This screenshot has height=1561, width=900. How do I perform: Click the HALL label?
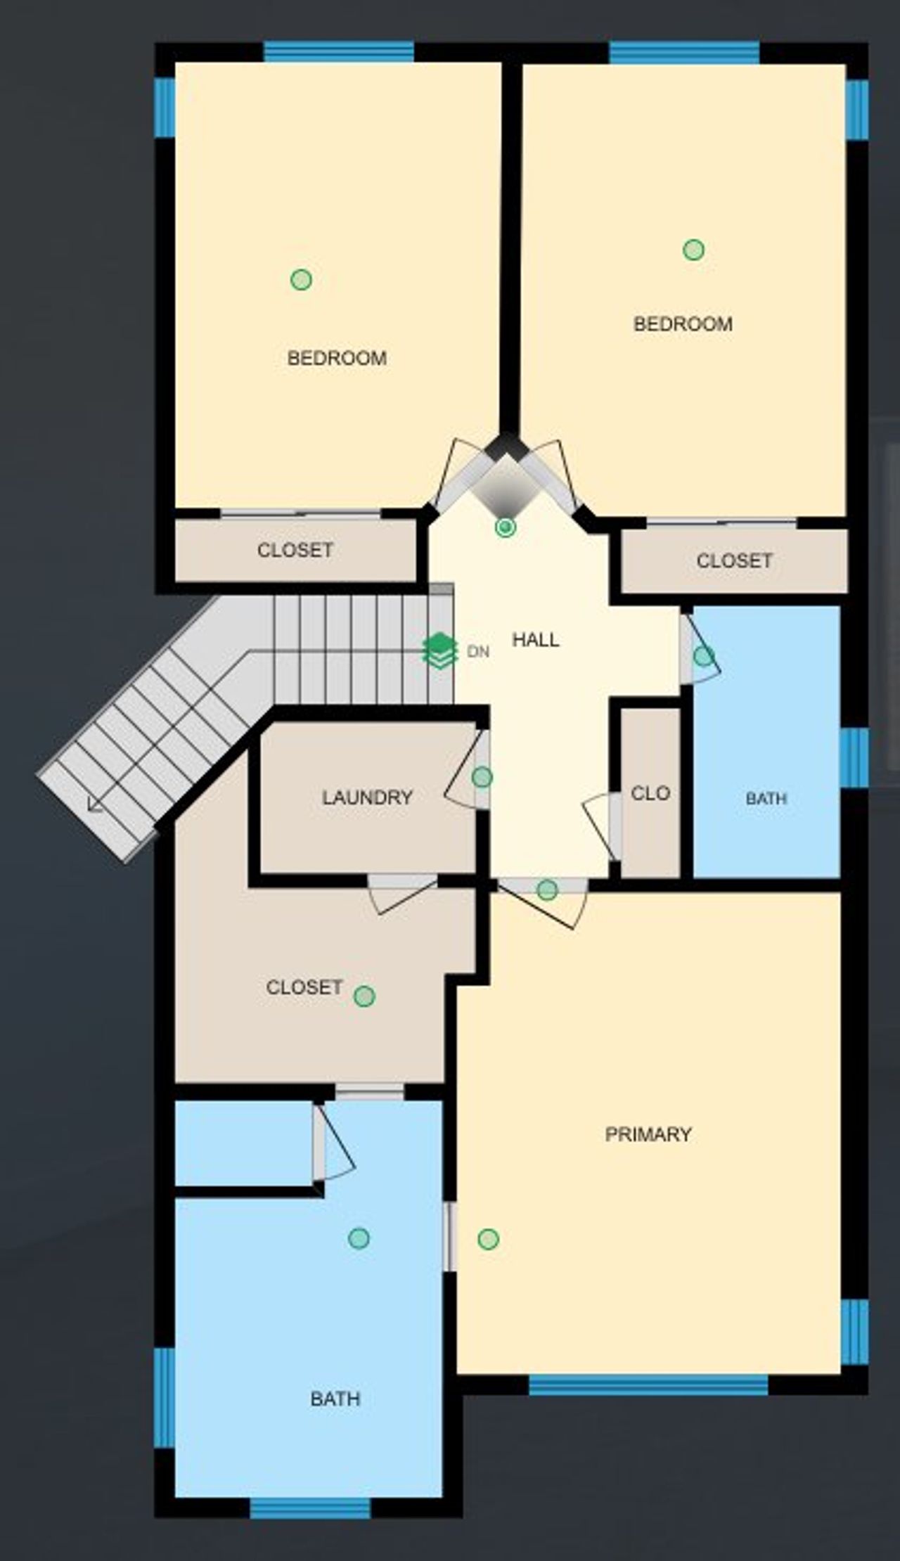click(x=536, y=640)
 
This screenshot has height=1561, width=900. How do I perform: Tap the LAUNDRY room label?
click(x=367, y=797)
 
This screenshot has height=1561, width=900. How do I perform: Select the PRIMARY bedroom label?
click(x=648, y=1134)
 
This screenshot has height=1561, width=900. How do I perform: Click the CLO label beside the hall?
click(x=650, y=793)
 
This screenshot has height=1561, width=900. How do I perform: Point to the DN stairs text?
click(x=478, y=652)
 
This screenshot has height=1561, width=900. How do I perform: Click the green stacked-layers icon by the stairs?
click(x=439, y=650)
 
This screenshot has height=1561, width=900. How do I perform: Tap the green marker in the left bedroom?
click(x=301, y=280)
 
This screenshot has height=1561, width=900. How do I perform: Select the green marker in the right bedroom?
click(x=694, y=250)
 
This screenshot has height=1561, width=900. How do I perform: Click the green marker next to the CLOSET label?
click(x=364, y=996)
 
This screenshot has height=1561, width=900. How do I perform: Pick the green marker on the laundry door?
click(x=482, y=777)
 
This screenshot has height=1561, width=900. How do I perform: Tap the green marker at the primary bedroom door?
click(x=547, y=890)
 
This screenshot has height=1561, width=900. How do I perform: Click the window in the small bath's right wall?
click(x=854, y=757)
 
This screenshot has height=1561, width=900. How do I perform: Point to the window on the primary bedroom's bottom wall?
click(x=648, y=1385)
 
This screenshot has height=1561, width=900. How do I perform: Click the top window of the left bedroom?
click(x=339, y=52)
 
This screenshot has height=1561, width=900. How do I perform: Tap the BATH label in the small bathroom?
click(x=766, y=798)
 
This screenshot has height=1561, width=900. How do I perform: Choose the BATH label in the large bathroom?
click(x=335, y=1399)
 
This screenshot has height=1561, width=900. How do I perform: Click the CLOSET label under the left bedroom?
click(x=295, y=550)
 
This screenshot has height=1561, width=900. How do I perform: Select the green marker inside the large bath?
click(x=359, y=1238)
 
